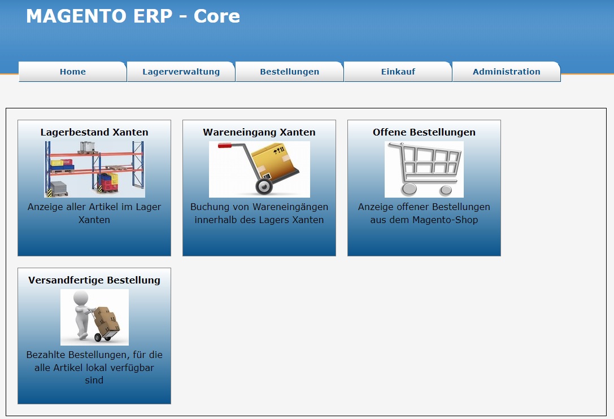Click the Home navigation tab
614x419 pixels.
72,72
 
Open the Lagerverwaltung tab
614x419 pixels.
181,72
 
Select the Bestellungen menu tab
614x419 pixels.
289,72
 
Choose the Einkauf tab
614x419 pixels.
398,72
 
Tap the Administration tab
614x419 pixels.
506,72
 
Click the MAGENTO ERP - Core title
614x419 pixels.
133,16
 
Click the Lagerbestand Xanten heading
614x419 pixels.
94,132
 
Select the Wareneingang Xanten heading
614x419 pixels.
259,132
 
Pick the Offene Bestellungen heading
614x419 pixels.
424,132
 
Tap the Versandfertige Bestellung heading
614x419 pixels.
94,281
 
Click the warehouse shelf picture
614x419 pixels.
94,169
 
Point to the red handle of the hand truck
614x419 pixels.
225,146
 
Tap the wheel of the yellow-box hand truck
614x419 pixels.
264,186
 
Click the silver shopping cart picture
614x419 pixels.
424,169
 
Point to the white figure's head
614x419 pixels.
81,298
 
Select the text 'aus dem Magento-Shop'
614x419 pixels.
424,220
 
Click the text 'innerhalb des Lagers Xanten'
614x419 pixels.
259,220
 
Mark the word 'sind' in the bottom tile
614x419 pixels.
94,380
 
